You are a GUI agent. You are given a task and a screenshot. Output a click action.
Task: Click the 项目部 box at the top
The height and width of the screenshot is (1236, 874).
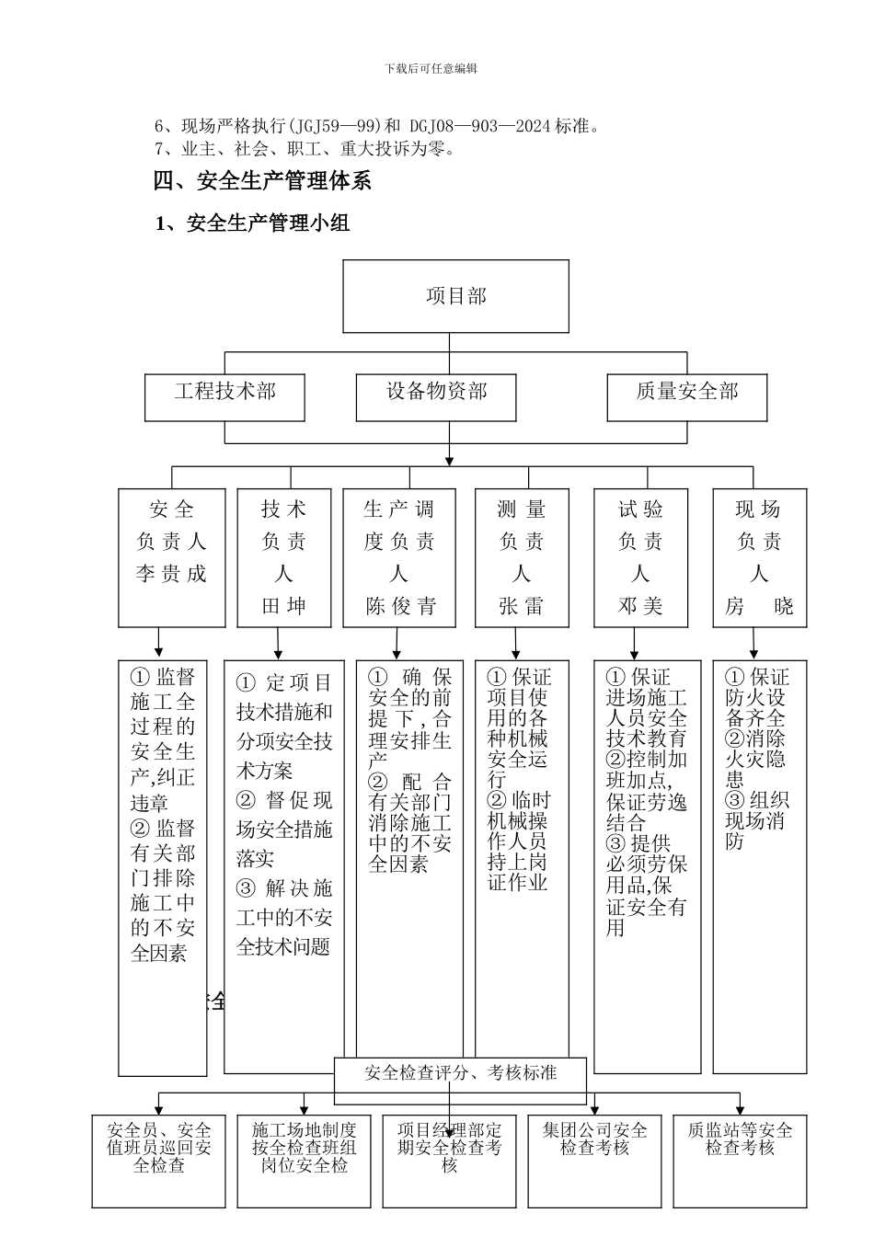pos(455,296)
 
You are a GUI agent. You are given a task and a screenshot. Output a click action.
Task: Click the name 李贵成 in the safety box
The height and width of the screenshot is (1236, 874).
pos(171,575)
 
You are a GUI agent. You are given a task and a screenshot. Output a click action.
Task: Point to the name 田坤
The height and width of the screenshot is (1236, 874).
pos(283,607)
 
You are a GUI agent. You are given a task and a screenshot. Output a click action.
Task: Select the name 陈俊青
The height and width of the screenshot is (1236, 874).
pos(400,607)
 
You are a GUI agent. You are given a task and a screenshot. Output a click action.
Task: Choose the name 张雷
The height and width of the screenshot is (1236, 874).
pos(521,607)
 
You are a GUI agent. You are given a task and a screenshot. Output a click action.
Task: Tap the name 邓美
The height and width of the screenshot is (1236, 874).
pos(640,607)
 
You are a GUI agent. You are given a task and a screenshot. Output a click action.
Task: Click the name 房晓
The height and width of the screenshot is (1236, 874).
pos(759,607)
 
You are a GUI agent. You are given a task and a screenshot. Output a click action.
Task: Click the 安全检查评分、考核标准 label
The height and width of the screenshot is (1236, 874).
pos(460,1072)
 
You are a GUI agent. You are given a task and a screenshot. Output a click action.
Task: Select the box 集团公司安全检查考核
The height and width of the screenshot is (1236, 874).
pos(594,1140)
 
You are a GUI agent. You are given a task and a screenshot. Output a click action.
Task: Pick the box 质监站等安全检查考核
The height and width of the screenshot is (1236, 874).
pos(740,1140)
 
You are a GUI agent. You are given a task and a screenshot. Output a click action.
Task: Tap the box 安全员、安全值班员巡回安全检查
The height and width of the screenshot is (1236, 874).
pos(158,1148)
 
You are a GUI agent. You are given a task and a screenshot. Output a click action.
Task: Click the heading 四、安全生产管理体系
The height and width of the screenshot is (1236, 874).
pos(262,181)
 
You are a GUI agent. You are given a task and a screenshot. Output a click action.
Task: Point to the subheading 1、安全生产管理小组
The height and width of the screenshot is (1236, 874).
pos(252,223)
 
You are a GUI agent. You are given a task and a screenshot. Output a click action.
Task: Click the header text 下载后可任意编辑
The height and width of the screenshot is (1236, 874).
pos(431,68)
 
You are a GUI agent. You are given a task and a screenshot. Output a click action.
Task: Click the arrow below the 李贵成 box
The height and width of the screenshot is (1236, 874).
pos(158,643)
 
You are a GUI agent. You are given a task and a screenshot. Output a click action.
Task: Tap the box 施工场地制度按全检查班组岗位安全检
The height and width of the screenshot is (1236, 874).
pos(304,1148)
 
